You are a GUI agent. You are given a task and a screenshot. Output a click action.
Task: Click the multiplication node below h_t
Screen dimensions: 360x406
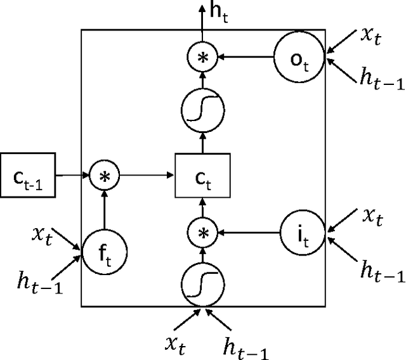(204, 57)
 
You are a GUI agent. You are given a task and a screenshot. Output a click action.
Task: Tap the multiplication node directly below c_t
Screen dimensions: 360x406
(204, 233)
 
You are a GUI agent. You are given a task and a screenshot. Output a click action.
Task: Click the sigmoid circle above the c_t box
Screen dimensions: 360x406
(204, 109)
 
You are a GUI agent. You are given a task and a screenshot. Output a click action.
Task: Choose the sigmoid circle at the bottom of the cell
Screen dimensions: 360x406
(204, 285)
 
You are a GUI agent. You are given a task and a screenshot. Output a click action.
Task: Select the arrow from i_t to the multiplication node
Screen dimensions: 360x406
(251, 233)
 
